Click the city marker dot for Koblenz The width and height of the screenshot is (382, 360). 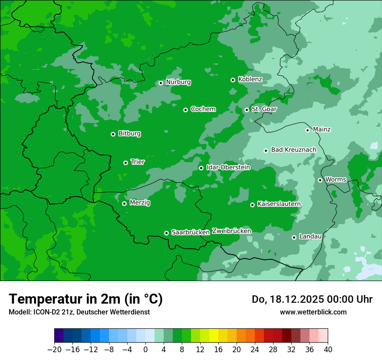pyautogui.click(x=233, y=80)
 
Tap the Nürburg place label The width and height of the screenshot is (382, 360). pyautogui.click(x=178, y=82)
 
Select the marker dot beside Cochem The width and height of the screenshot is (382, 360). pyautogui.click(x=185, y=110)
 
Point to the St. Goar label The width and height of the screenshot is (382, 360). pyautogui.click(x=264, y=109)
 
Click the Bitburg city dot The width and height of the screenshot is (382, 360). pyautogui.click(x=113, y=134)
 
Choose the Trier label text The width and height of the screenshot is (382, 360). pyautogui.click(x=138, y=162)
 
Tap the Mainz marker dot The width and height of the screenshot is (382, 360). pyautogui.click(x=307, y=130)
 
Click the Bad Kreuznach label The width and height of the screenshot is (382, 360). pyautogui.click(x=293, y=150)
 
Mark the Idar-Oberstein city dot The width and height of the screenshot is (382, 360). pyautogui.click(x=201, y=168)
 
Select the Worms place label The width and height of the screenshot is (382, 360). pyautogui.click(x=336, y=179)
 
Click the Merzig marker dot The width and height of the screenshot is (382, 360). pyautogui.click(x=124, y=203)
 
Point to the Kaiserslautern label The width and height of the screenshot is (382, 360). pyautogui.click(x=279, y=204)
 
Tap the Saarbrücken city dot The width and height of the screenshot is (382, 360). pyautogui.click(x=166, y=233)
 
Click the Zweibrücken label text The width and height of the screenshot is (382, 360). pyautogui.click(x=231, y=231)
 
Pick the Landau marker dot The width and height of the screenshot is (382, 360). pyautogui.click(x=294, y=237)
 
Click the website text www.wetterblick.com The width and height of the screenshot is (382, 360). pyautogui.click(x=313, y=312)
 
